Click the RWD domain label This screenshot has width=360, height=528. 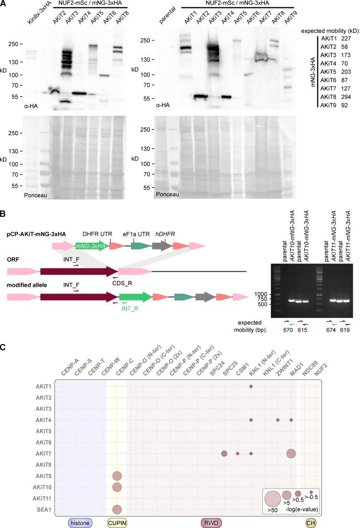[x=212, y=523]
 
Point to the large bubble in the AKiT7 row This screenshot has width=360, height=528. [x=291, y=454]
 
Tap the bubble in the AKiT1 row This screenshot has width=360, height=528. [x=251, y=387]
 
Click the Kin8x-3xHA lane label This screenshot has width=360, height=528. [x=34, y=15]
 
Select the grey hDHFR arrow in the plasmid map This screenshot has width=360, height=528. [x=162, y=246]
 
